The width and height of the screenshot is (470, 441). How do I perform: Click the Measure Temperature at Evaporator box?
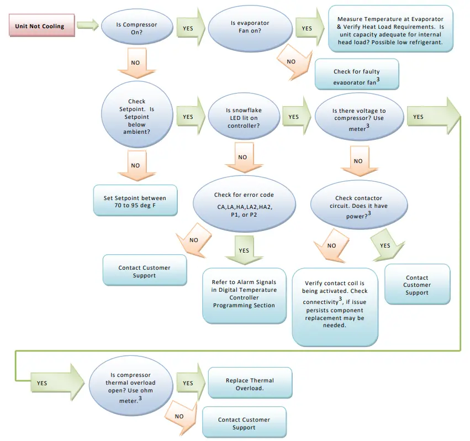coord(394,28)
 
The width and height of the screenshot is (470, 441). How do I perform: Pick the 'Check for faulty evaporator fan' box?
coord(356,75)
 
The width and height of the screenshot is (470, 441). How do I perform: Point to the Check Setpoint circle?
coord(136,117)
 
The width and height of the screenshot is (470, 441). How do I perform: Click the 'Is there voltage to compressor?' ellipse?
coord(358,119)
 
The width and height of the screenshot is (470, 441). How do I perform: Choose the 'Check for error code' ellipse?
coord(244,204)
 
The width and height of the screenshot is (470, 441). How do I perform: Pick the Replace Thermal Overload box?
coord(250,384)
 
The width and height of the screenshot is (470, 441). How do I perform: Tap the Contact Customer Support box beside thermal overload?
coord(244,423)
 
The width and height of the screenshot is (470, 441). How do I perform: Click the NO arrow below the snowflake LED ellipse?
coord(242,158)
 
